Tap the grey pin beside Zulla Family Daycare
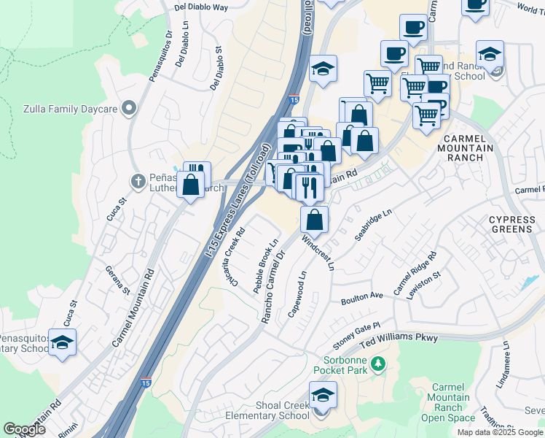click(130, 109)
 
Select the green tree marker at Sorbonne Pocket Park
click(377, 363)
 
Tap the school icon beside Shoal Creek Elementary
click(321, 397)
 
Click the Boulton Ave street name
click(361, 298)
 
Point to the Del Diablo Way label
click(201, 7)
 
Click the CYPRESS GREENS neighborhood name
click(511, 224)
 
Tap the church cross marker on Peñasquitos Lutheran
click(137, 180)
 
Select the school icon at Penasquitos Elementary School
click(63, 343)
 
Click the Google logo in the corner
click(25, 429)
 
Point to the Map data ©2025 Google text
click(499, 431)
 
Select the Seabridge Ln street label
click(373, 227)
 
